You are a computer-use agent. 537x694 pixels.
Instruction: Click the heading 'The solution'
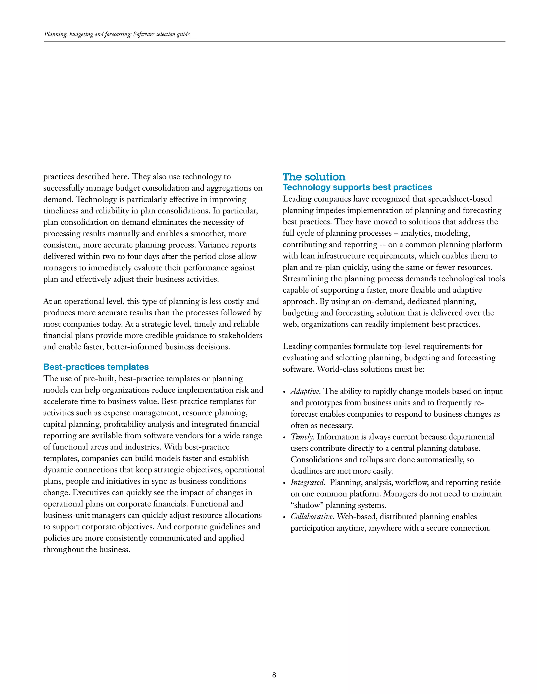tap(314, 177)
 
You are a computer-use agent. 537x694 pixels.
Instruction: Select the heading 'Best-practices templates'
tap(96, 367)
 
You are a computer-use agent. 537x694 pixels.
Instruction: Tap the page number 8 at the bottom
tap(274, 675)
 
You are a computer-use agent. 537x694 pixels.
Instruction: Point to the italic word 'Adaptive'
tap(305, 391)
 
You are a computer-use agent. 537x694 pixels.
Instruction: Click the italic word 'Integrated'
tap(308, 482)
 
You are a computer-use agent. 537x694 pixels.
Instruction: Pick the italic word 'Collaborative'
tap(312, 517)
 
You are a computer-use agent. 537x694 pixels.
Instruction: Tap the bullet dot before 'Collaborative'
tap(284, 517)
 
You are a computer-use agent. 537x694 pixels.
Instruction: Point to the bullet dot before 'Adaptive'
tap(284, 392)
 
